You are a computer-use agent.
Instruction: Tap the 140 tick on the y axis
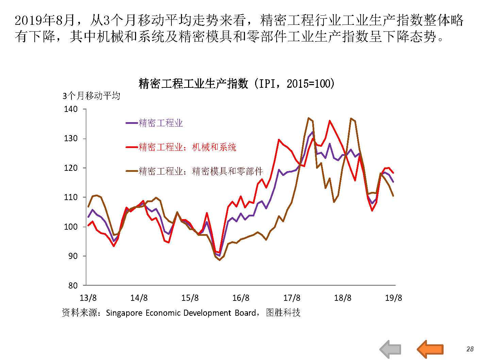pyautogui.click(x=71, y=109)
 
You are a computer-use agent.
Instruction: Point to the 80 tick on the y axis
pyautogui.click(x=73, y=285)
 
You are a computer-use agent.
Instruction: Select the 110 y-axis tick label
pyautogui.click(x=71, y=197)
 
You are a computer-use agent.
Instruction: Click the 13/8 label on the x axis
pyautogui.click(x=88, y=298)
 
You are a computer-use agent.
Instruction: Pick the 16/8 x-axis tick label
pyautogui.click(x=241, y=298)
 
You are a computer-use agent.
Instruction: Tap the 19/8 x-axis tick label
pyautogui.click(x=394, y=298)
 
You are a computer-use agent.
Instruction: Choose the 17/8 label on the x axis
pyautogui.click(x=292, y=298)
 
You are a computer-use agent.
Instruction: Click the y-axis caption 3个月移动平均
pyautogui.click(x=91, y=96)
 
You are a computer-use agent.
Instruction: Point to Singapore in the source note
pyautogui.click(x=124, y=313)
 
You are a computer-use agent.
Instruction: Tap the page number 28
pyautogui.click(x=470, y=349)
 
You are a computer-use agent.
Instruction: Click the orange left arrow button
pyautogui.click(x=430, y=349)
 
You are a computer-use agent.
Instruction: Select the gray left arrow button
pyautogui.click(x=390, y=349)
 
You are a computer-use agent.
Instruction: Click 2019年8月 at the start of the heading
pyautogui.click(x=45, y=20)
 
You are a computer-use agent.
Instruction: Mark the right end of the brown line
pyautogui.click(x=393, y=196)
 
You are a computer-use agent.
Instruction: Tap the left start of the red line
pyautogui.click(x=88, y=225)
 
